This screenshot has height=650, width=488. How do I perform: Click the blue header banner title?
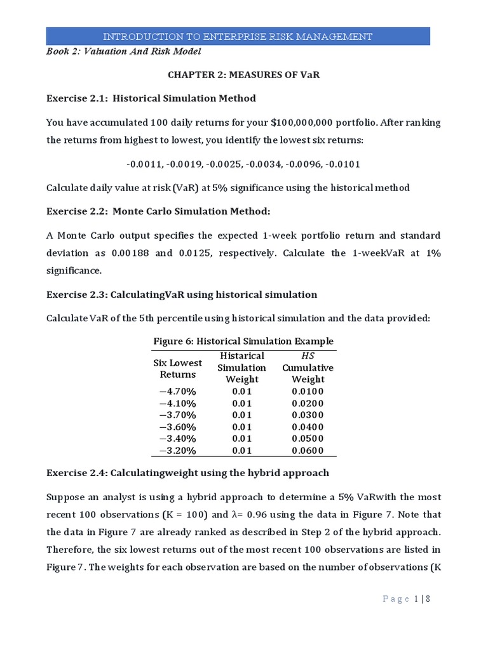pyautogui.click(x=238, y=37)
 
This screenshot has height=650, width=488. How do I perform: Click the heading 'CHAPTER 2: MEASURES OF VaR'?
pyautogui.click(x=243, y=75)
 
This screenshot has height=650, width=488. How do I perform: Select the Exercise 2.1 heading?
pyautogui.click(x=151, y=98)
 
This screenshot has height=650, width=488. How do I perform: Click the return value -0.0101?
pyautogui.click(x=343, y=164)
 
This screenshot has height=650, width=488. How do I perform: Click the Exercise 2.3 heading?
pyautogui.click(x=182, y=295)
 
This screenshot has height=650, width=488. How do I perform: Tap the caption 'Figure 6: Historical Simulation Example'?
pyautogui.click(x=243, y=342)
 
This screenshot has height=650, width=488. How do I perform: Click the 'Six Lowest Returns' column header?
pyautogui.click(x=178, y=369)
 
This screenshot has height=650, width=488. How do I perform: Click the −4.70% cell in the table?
pyautogui.click(x=178, y=392)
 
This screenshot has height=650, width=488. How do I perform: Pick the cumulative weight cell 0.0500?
pyautogui.click(x=308, y=439)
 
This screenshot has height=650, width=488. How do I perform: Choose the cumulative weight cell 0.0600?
pyautogui.click(x=308, y=451)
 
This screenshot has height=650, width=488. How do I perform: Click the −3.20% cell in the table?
pyautogui.click(x=178, y=451)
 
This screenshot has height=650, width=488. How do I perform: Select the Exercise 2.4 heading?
pyautogui.click(x=187, y=473)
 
